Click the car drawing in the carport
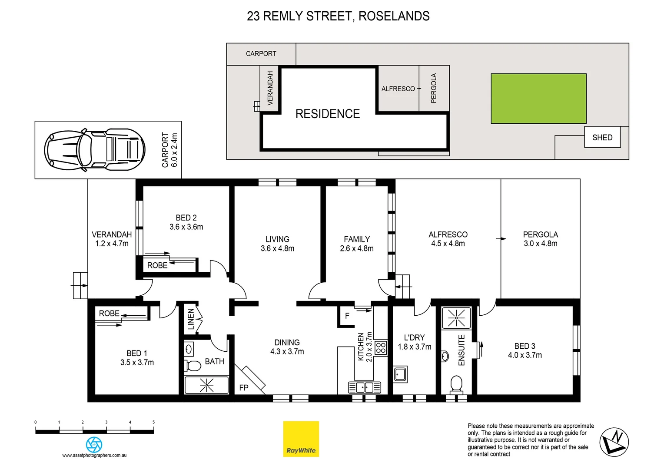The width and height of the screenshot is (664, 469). (94, 150)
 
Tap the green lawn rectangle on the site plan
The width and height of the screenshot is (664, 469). (538, 99)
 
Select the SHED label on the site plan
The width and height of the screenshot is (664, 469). (602, 137)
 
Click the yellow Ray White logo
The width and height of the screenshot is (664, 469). (301, 439)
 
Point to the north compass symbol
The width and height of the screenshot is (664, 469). (614, 442)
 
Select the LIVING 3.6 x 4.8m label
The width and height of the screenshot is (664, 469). (277, 244)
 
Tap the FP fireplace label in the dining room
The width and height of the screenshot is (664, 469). (244, 387)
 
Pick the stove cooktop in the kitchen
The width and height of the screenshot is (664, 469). (381, 348)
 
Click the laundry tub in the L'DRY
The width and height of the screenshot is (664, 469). (400, 374)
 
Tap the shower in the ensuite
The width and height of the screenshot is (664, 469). (456, 318)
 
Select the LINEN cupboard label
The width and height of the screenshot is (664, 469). (190, 319)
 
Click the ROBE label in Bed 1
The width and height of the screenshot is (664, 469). (109, 313)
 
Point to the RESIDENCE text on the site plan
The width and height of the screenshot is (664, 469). (328, 114)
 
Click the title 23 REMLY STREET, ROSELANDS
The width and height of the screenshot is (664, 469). (338, 16)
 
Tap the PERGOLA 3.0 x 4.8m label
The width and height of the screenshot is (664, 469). (540, 239)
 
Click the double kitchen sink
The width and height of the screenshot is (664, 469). (364, 387)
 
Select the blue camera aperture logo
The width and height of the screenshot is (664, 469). (94, 445)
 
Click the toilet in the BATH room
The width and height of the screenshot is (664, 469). (193, 366)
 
